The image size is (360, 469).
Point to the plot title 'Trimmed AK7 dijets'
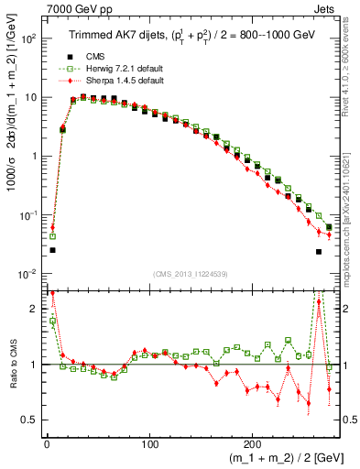(116, 35)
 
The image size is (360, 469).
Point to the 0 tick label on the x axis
(46, 441)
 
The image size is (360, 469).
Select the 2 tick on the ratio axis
(34, 309)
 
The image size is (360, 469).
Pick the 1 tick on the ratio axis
(34, 365)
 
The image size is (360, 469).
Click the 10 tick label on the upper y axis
(29, 97)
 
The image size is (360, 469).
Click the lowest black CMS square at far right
(319, 251)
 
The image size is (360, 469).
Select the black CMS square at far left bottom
(52, 249)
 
